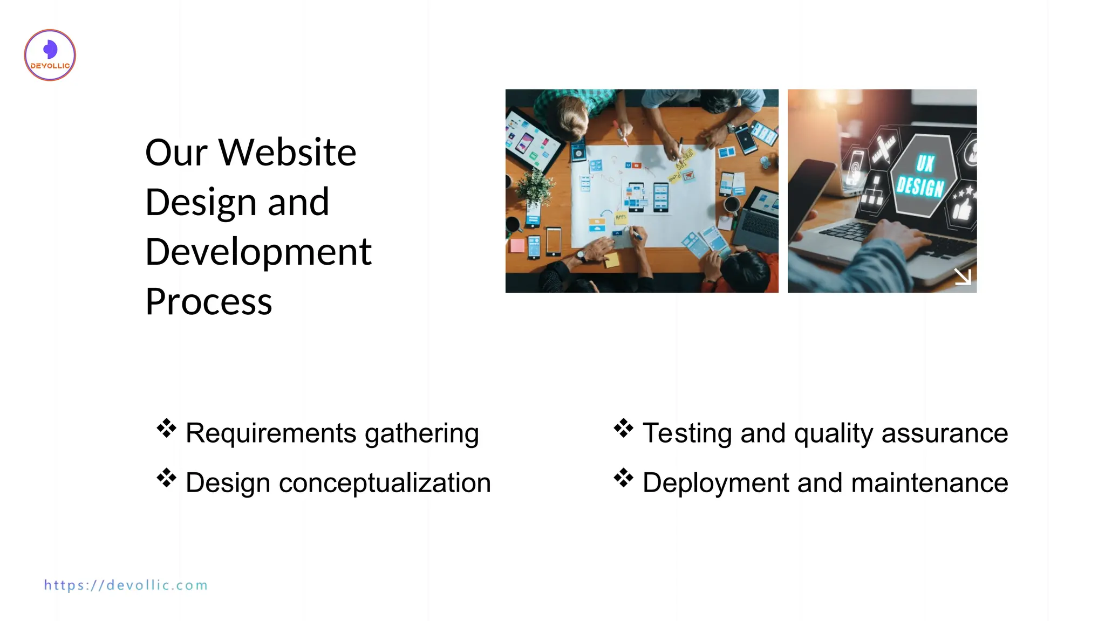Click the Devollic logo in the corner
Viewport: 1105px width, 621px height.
(50, 55)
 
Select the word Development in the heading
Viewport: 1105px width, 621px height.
(258, 252)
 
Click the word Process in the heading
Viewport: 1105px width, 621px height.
(209, 302)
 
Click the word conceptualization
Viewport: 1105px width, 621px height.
(385, 482)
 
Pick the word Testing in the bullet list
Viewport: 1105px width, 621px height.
(687, 433)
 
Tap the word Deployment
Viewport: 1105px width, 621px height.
(715, 482)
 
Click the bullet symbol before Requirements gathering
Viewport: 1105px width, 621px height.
(166, 429)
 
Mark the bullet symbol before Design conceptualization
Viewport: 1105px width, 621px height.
(166, 478)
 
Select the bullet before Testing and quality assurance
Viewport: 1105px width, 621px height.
(623, 429)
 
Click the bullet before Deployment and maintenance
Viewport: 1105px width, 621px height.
(623, 478)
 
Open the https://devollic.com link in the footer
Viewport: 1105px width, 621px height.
(126, 585)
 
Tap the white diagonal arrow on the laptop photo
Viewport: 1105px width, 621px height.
(963, 277)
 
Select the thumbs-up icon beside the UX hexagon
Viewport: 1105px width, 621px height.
(962, 208)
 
